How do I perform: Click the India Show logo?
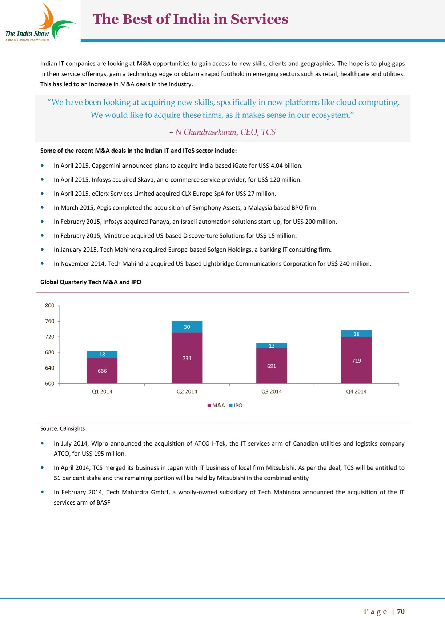click(x=40, y=23)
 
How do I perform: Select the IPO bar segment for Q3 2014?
click(x=272, y=346)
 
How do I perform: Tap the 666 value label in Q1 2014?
click(x=102, y=371)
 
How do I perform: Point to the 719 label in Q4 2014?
click(x=356, y=361)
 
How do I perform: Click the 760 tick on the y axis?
click(x=50, y=321)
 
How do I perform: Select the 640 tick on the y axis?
click(x=50, y=368)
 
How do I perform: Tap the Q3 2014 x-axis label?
click(x=272, y=391)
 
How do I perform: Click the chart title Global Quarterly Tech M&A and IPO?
click(x=91, y=282)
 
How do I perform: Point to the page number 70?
click(x=401, y=611)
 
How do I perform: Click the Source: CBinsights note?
click(x=63, y=428)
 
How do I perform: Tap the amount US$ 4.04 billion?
click(x=280, y=166)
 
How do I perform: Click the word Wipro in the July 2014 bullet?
click(x=99, y=443)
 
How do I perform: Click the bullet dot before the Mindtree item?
click(x=43, y=235)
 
